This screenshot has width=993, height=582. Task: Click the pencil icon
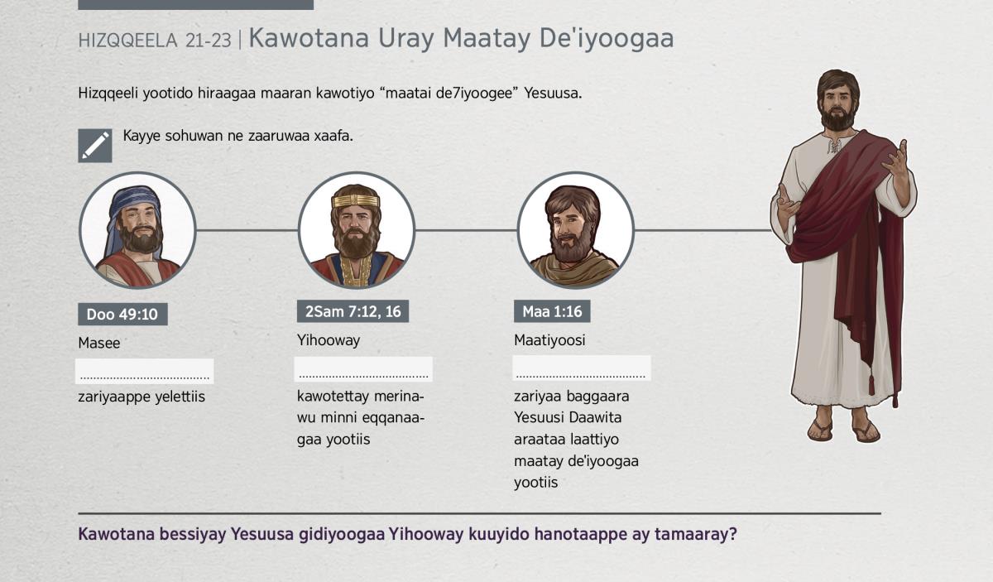point(95,146)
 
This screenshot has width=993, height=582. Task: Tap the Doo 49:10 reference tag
point(122,314)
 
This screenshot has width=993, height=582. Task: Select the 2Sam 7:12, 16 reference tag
point(353,311)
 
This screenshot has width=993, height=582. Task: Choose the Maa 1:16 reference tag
point(552,311)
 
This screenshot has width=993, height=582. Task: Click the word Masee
point(98,343)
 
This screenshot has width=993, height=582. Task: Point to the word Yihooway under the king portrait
point(329,340)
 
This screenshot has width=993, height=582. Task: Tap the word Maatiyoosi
point(549,340)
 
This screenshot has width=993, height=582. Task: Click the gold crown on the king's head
point(356,201)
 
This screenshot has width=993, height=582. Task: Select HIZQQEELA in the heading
point(127,41)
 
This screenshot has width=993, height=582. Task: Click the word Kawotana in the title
point(309,38)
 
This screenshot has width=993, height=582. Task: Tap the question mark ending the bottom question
point(732,534)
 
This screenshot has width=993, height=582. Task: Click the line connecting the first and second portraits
point(247,230)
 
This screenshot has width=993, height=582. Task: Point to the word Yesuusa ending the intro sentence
point(553,94)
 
